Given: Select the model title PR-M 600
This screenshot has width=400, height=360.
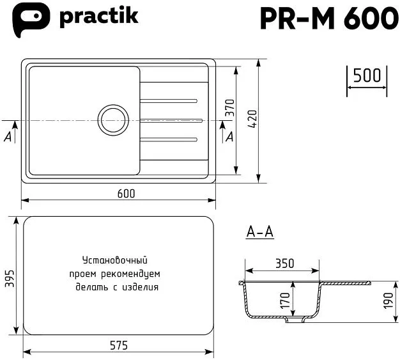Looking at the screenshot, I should pyautogui.click(x=328, y=19).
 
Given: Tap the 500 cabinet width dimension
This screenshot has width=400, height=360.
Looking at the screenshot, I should pyautogui.click(x=367, y=76).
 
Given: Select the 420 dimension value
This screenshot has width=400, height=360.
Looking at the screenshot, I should pyautogui.click(x=252, y=120).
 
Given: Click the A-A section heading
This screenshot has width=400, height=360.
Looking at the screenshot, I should pyautogui.click(x=259, y=233).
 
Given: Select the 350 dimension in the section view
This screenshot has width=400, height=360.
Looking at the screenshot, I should pyautogui.click(x=284, y=262).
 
